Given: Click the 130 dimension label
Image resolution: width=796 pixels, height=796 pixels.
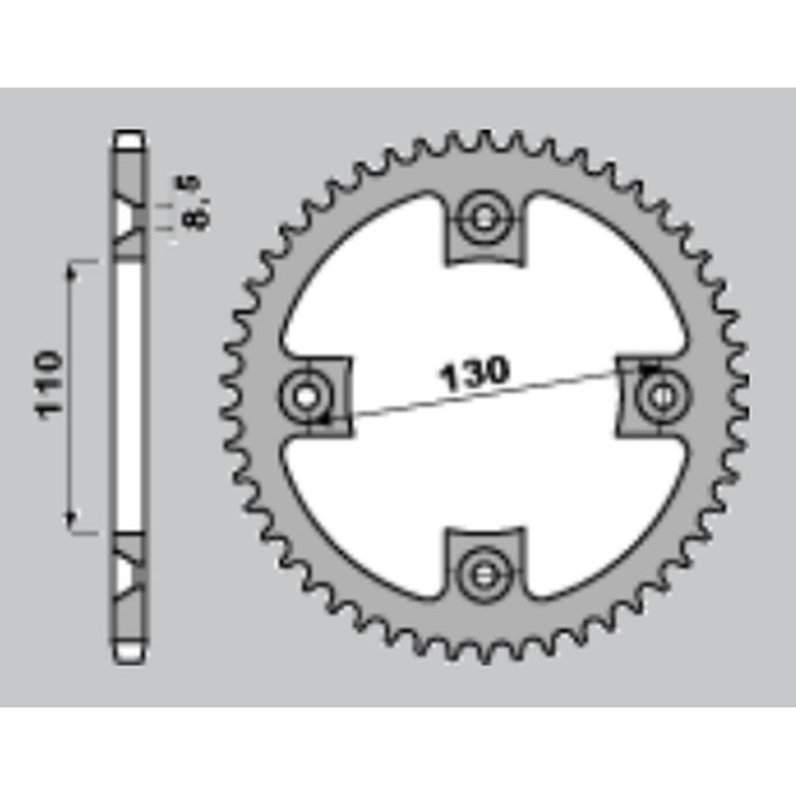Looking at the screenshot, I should tap(475, 373).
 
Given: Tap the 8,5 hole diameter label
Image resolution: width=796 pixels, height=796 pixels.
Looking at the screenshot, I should tap(195, 202).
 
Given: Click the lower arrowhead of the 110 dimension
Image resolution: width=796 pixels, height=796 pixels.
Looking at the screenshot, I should tap(72, 518).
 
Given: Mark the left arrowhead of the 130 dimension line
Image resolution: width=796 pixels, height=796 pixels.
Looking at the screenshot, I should tap(323, 418).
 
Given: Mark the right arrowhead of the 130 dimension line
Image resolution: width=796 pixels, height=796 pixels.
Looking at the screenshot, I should tap(648, 369).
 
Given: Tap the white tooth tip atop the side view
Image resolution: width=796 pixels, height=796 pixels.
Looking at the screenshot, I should tap(130, 140).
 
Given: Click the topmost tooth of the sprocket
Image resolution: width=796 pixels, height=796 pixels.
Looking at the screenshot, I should tap(485, 139).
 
